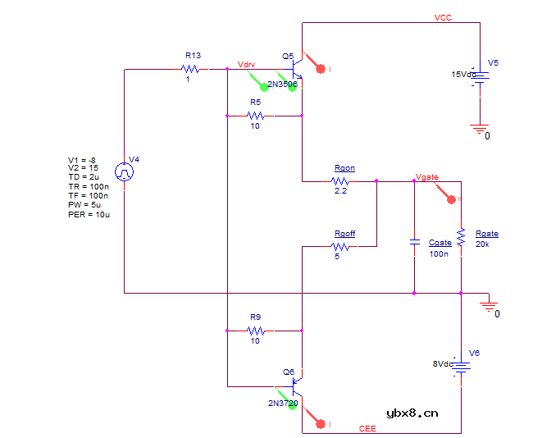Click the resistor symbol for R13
[x=192, y=69]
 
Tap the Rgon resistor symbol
[x=342, y=180]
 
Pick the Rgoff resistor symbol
[x=342, y=246]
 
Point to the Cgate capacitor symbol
[x=414, y=243]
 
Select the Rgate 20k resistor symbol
[x=461, y=236]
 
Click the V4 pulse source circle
[x=124, y=172]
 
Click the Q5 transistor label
[x=288, y=57]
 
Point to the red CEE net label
[x=368, y=428]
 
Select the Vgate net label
[x=427, y=176]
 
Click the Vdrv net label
[x=246, y=63]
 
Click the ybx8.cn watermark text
[x=412, y=413]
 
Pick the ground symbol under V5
[x=480, y=128]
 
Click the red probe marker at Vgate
[x=450, y=198]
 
